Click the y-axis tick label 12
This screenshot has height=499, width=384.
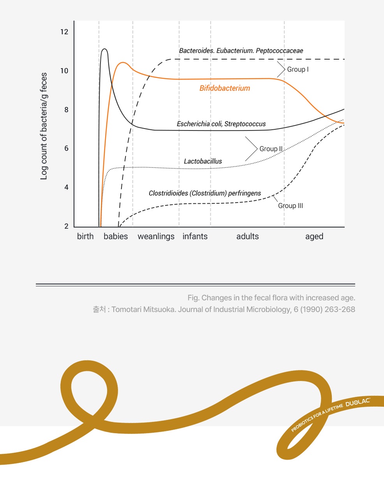point(64,32)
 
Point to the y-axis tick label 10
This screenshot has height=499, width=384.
point(64,71)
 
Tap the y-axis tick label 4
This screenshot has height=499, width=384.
point(66,187)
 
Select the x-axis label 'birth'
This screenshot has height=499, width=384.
point(85,236)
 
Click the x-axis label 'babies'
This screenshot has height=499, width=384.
point(116,236)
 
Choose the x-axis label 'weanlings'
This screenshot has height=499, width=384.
point(156,236)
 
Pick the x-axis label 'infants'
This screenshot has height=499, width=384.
point(195,236)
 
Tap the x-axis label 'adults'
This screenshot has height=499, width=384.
point(248,236)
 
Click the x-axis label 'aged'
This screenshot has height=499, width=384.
point(314,236)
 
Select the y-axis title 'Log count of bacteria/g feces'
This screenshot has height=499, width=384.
point(44,126)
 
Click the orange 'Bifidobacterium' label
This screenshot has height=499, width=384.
point(225,88)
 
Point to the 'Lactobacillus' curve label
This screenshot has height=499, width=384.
point(203,161)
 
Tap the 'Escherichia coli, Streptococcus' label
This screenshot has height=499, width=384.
point(221,124)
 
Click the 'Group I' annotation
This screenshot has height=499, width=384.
point(298,69)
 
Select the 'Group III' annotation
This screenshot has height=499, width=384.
point(291,206)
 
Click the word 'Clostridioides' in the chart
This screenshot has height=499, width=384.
point(168,193)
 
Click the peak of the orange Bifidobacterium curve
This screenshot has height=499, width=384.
point(123,62)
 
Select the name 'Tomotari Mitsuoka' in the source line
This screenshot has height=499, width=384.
point(143,310)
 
